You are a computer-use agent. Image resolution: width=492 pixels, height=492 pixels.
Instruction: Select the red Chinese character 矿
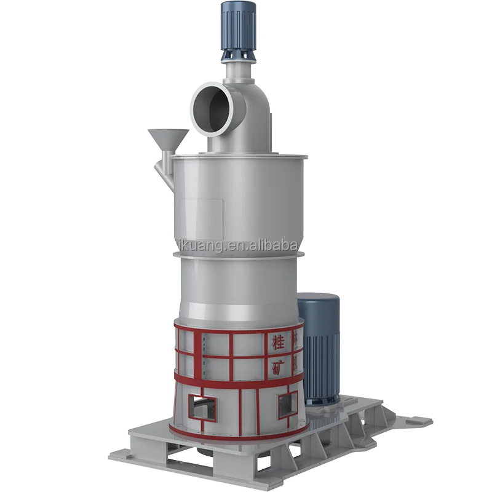coord(278,367)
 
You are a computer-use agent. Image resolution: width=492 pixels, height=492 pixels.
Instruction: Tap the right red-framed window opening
coord(287,405)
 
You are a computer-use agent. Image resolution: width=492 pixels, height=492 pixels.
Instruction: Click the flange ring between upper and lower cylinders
coord(240,253)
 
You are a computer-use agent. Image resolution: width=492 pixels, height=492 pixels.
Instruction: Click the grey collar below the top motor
coord(235,59)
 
